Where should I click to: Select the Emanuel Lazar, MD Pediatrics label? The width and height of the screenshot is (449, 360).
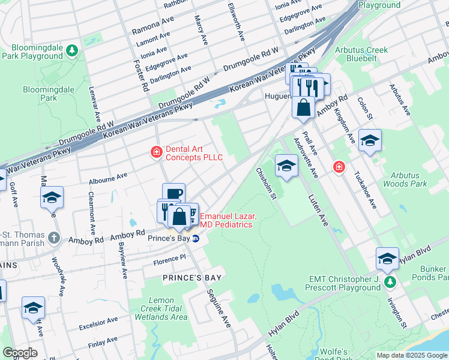point(228,220)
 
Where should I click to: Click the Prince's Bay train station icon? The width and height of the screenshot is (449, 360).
point(196,238)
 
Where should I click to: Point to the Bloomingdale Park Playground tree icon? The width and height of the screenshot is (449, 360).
point(73,49)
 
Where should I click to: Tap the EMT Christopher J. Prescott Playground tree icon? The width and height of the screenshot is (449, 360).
point(391,281)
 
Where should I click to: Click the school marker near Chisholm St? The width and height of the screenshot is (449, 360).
point(286,166)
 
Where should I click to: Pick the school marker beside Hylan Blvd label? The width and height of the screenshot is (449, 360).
point(387,259)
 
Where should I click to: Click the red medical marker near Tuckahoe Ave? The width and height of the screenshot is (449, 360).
point(339,166)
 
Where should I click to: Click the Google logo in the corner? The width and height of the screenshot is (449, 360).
point(20,353)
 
